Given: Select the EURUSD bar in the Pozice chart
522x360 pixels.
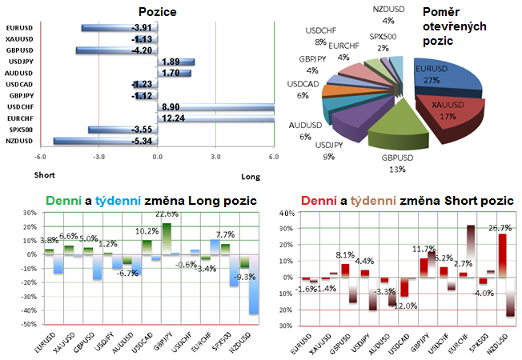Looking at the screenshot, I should (120, 28).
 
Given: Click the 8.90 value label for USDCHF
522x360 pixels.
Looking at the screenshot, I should (171, 106).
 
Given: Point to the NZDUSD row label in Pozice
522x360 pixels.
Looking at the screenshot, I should (19, 140).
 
